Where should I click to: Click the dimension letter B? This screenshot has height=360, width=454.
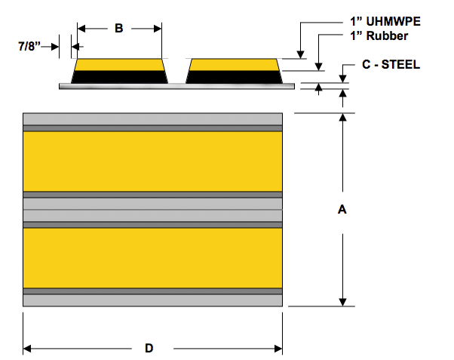[x=118, y=29]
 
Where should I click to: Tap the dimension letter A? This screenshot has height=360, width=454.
[x=342, y=211]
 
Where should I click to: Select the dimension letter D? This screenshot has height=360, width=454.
[x=149, y=348]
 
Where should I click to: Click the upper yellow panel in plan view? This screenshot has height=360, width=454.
[x=153, y=162]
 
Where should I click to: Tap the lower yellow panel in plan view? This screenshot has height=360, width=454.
[x=153, y=257]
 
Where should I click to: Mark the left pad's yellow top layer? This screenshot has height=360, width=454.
[x=119, y=64]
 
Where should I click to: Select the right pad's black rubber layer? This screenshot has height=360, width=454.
[x=234, y=76]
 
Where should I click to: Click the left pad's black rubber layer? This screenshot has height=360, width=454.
[x=119, y=76]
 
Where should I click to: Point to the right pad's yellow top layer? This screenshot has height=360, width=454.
[x=234, y=64]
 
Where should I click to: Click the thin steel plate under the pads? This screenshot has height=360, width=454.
[x=176, y=86]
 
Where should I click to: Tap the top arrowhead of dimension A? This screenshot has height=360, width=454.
[x=343, y=118]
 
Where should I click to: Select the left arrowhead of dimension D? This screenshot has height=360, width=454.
[x=29, y=348]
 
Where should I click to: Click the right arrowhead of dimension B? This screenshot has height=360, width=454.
[x=157, y=29]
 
